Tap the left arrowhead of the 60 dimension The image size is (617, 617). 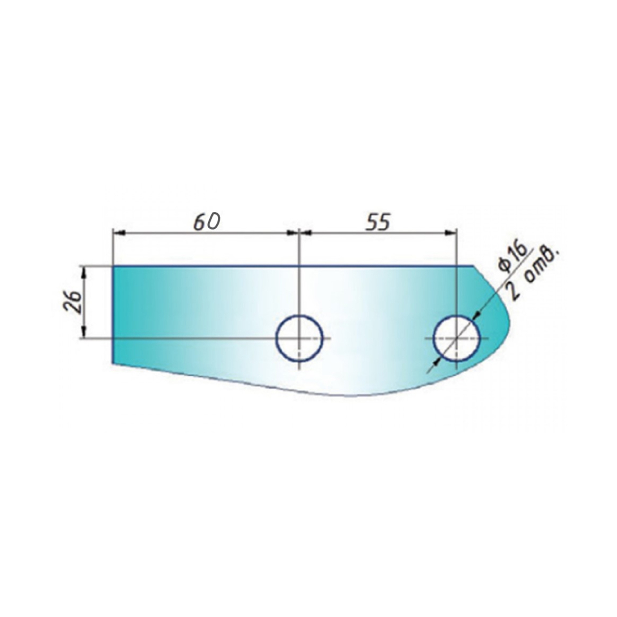pos(119,233)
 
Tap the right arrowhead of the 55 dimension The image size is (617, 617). pos(450,233)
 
